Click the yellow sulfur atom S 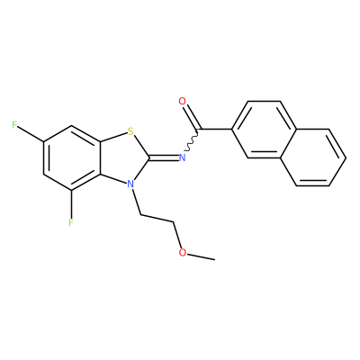pyautogui.click(x=130, y=131)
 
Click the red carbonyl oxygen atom pyautogui.click(x=182, y=101)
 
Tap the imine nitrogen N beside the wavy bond pyautogui.click(x=182, y=157)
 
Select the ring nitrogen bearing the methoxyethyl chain pyautogui.click(x=130, y=184)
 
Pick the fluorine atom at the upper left pyautogui.click(x=14, y=125)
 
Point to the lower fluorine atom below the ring pyautogui.click(x=71, y=222)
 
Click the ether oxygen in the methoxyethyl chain pyautogui.click(x=182, y=252)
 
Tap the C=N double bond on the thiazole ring pyautogui.click(x=164, y=157)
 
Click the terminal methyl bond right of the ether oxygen pyautogui.click(x=201, y=256)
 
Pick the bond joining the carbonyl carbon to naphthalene pyautogui.click(x=215, y=130)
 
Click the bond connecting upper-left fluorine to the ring pyautogui.click(x=31, y=134)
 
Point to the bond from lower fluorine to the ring pyautogui.click(x=71, y=203)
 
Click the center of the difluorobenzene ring pyautogui.click(x=72, y=157)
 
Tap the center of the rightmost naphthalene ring pyautogui.click(x=313, y=157)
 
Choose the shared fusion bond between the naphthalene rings pyautogui.click(x=289, y=144)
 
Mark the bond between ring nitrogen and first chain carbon pyautogui.click(x=136, y=201)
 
